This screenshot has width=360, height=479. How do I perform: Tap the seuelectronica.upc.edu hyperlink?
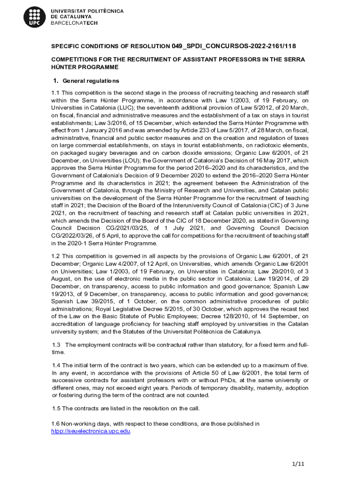tap(91, 431)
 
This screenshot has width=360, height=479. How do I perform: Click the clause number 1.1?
tap(56, 93)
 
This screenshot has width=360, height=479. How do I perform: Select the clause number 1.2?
tap(56, 256)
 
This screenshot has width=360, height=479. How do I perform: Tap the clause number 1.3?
tap(56, 345)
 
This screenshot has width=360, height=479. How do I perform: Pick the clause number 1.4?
tap(56, 365)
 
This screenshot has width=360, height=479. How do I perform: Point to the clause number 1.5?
tap(56, 408)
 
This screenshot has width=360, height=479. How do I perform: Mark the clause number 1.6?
tap(56, 424)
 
